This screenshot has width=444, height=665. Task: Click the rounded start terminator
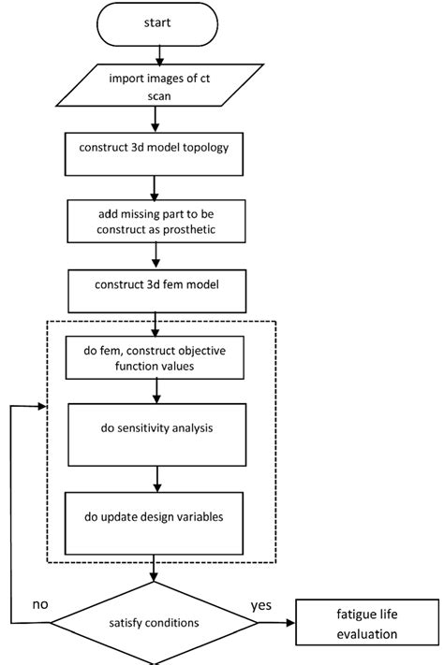156,22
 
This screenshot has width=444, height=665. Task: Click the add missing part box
156,222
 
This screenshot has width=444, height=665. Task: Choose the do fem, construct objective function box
156,358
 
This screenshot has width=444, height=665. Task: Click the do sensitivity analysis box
156,429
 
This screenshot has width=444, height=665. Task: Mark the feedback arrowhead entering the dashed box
41,407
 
